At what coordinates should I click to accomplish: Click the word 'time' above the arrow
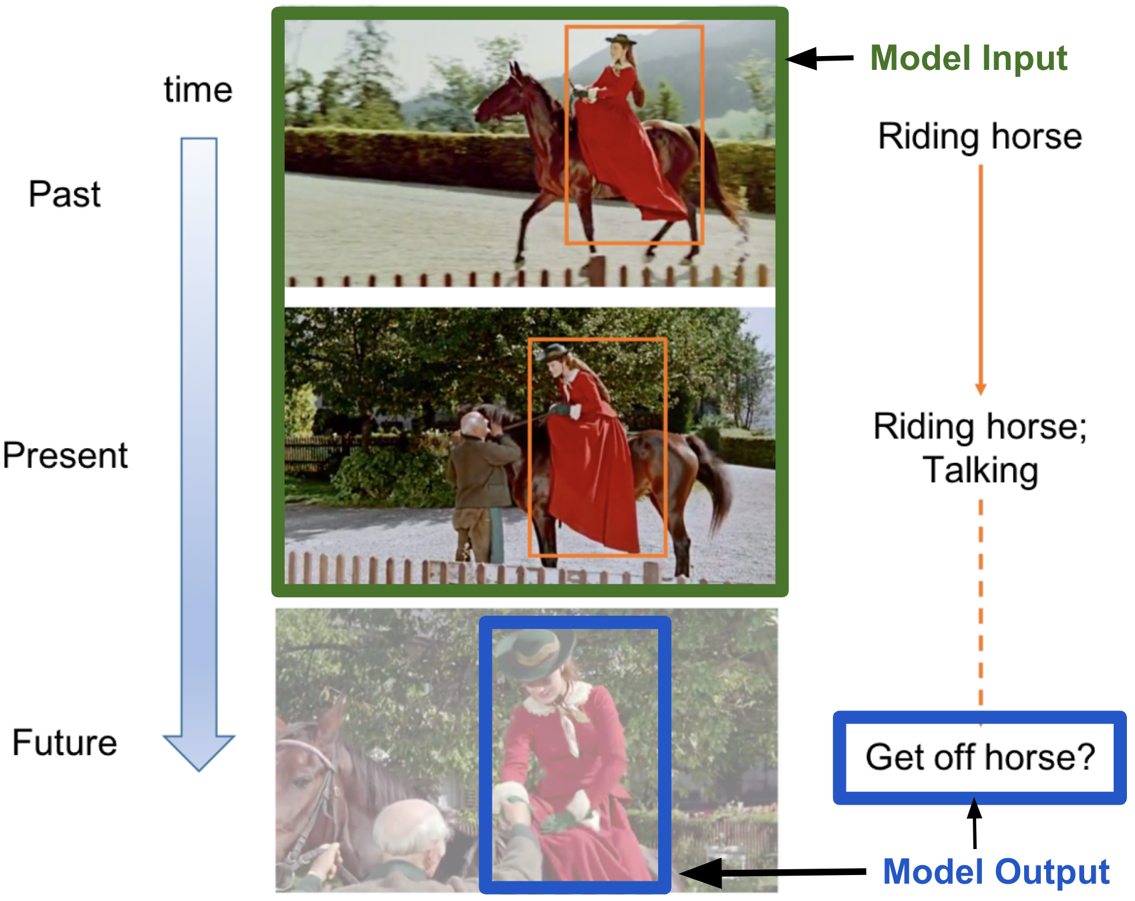pyautogui.click(x=198, y=90)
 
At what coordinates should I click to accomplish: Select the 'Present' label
pyautogui.click(x=65, y=455)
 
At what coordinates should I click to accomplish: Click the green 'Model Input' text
pyautogui.click(x=969, y=58)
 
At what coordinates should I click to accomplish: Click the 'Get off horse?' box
pyautogui.click(x=980, y=758)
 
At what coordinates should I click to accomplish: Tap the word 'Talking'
pyautogui.click(x=980, y=470)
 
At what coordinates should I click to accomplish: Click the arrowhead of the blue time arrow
pyautogui.click(x=199, y=751)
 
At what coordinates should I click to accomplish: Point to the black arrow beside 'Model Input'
pyautogui.click(x=820, y=58)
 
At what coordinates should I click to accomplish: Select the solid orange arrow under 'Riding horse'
pyautogui.click(x=980, y=280)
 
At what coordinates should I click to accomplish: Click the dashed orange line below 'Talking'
pyautogui.click(x=980, y=612)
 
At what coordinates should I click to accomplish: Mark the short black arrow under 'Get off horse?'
pyautogui.click(x=975, y=823)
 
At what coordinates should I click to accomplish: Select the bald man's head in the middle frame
pyautogui.click(x=475, y=425)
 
